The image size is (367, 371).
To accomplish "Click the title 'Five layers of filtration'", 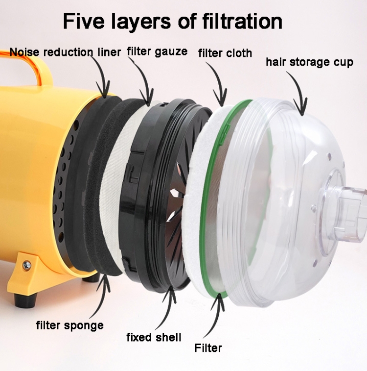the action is click(173, 21).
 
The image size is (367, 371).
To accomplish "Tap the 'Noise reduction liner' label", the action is click(65, 52).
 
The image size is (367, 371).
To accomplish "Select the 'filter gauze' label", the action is click(157, 51).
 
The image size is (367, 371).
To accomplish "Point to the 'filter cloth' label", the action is click(225, 53).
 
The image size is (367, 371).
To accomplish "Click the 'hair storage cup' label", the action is click(310, 62).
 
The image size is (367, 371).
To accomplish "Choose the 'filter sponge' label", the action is click(70, 325).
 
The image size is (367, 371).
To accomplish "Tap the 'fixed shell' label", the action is click(154, 337).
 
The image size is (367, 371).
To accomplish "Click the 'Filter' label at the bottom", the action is click(208, 348).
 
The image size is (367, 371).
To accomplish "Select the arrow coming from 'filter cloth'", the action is click(218, 83).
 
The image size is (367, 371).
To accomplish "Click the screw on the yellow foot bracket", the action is click(26, 265).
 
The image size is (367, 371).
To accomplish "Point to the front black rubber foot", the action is click(25, 300).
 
